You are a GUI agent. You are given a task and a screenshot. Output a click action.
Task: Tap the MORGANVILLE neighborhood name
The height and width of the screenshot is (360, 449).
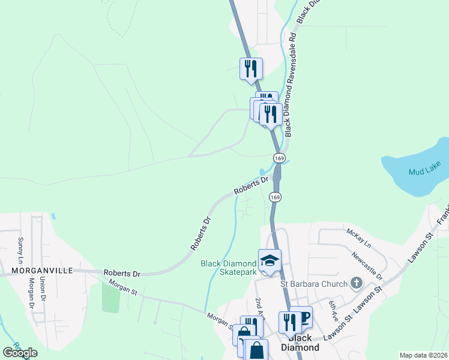pyautogui.click(x=37, y=271)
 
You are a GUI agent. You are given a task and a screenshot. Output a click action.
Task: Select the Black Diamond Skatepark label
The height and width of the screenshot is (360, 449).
pyautogui.click(x=228, y=268)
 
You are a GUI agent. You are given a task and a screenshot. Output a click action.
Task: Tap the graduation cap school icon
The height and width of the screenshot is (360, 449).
pyautogui.click(x=270, y=260)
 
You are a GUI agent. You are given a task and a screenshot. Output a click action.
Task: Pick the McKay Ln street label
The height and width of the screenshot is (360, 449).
pyautogui.click(x=359, y=238)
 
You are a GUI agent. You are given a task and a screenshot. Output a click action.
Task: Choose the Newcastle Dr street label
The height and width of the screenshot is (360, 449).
pyautogui.click(x=367, y=265)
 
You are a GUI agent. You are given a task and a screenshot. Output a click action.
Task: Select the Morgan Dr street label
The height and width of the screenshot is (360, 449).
pyautogui.click(x=31, y=295)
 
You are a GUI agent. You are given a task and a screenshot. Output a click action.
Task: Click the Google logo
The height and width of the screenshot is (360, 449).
pyautogui.click(x=20, y=352)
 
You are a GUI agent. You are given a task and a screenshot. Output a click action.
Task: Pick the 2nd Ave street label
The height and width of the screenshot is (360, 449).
pyautogui.click(x=260, y=308)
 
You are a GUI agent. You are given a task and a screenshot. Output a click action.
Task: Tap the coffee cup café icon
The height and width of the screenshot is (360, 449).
pyautogui.click(x=303, y=317)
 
